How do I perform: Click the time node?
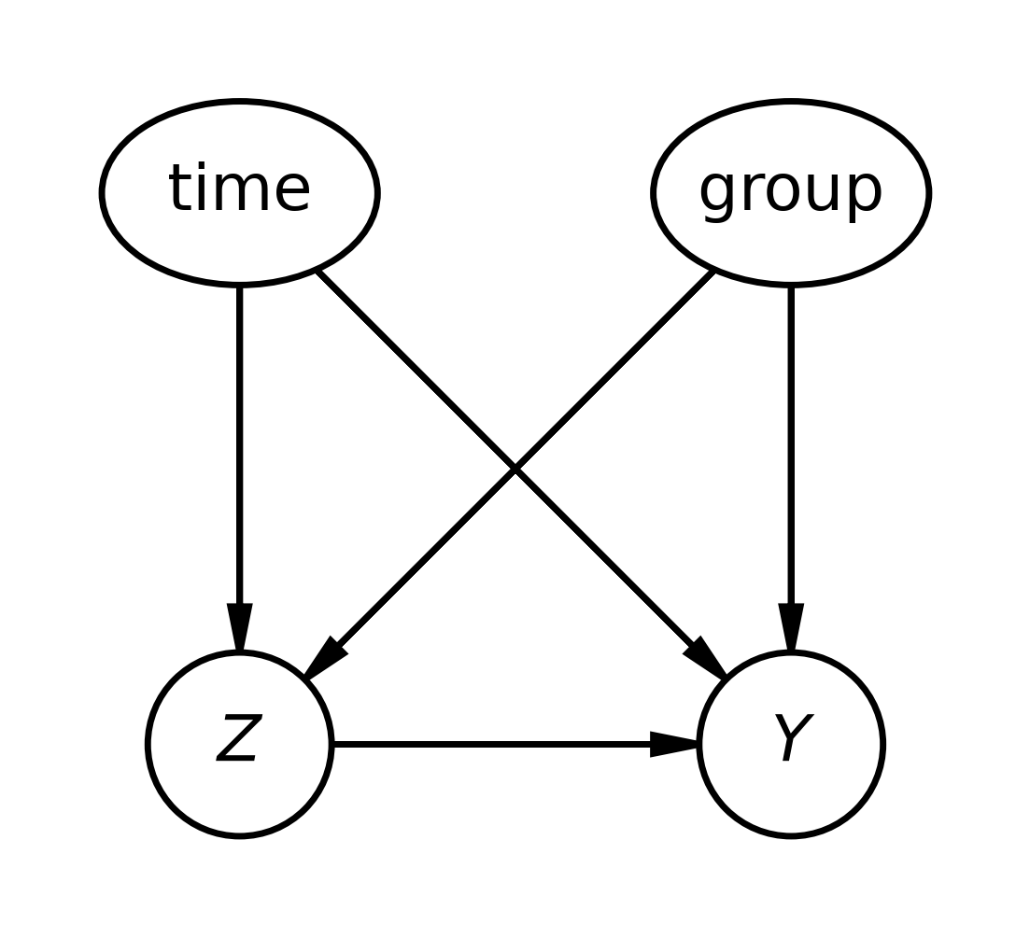point(240,193)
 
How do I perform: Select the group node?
point(791,193)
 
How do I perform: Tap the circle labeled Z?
point(240,744)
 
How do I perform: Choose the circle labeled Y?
point(791,744)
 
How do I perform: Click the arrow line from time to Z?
point(240,469)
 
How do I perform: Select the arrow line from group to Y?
point(791,469)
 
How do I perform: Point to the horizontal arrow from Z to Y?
point(515,744)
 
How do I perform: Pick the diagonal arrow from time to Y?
point(521,473)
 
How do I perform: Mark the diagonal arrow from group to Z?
point(509,473)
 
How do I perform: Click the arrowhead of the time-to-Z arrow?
point(240,627)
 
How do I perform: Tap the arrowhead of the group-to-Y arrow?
point(791,627)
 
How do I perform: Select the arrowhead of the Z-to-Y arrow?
point(673,744)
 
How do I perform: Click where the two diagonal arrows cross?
point(515,469)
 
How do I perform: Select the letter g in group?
point(718,197)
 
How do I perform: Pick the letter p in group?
point(863,197)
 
